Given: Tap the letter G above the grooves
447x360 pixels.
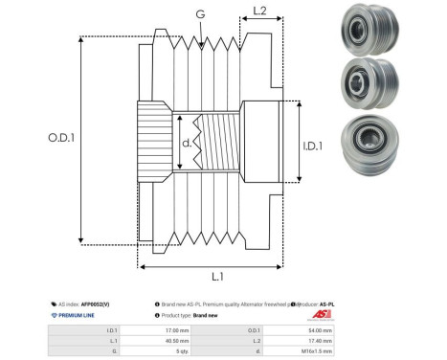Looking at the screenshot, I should pos(199,14).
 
